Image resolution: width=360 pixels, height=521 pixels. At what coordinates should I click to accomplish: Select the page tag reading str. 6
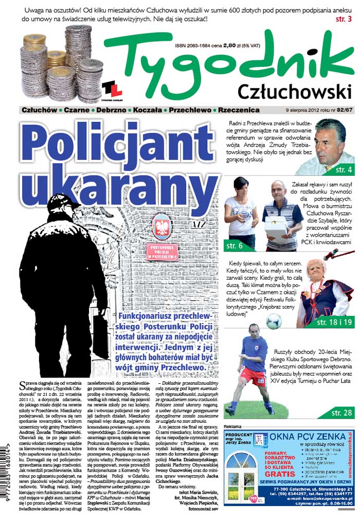pyautogui.click(x=237, y=246)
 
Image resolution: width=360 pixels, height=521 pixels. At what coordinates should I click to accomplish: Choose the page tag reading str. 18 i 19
pyautogui.click(x=335, y=322)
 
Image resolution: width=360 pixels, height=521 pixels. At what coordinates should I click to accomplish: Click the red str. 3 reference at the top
pyautogui.click(x=343, y=19)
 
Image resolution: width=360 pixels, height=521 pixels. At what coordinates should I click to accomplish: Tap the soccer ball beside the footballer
pyautogui.click(x=274, y=321)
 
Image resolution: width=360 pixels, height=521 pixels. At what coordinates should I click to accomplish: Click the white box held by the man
pyautogui.click(x=277, y=227)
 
